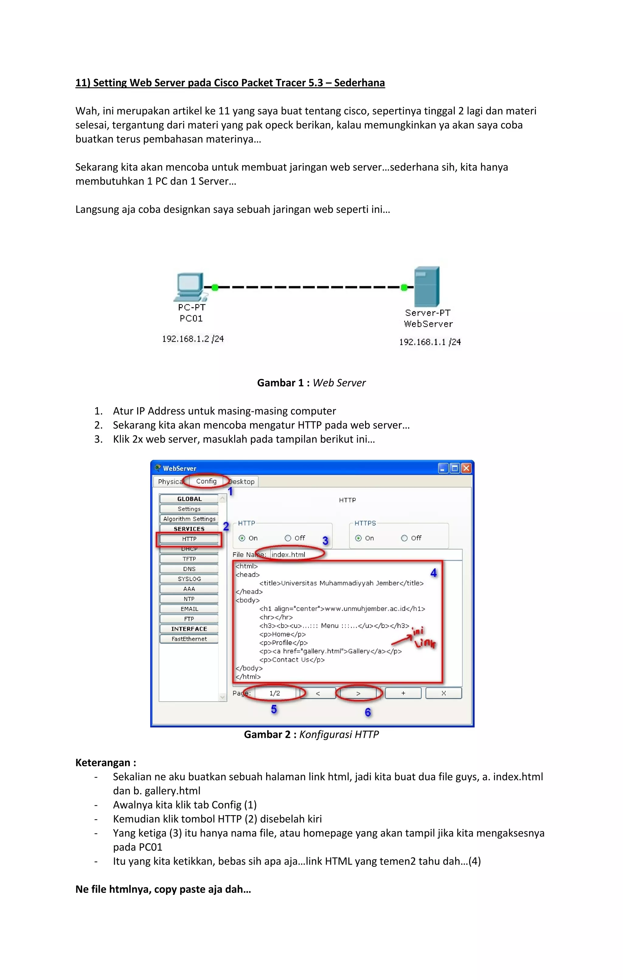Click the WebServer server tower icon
(x=426, y=287)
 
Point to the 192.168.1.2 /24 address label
(x=193, y=339)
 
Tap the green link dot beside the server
(x=404, y=288)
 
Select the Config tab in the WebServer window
(x=206, y=481)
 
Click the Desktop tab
(x=242, y=481)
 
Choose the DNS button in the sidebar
(x=189, y=569)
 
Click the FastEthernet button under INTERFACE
(x=189, y=639)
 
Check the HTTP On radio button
(x=242, y=538)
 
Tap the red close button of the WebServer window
(x=466, y=468)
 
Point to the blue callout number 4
(x=433, y=573)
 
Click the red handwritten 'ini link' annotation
(x=423, y=638)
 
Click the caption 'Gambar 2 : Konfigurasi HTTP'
(x=311, y=735)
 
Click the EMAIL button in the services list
(x=189, y=608)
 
